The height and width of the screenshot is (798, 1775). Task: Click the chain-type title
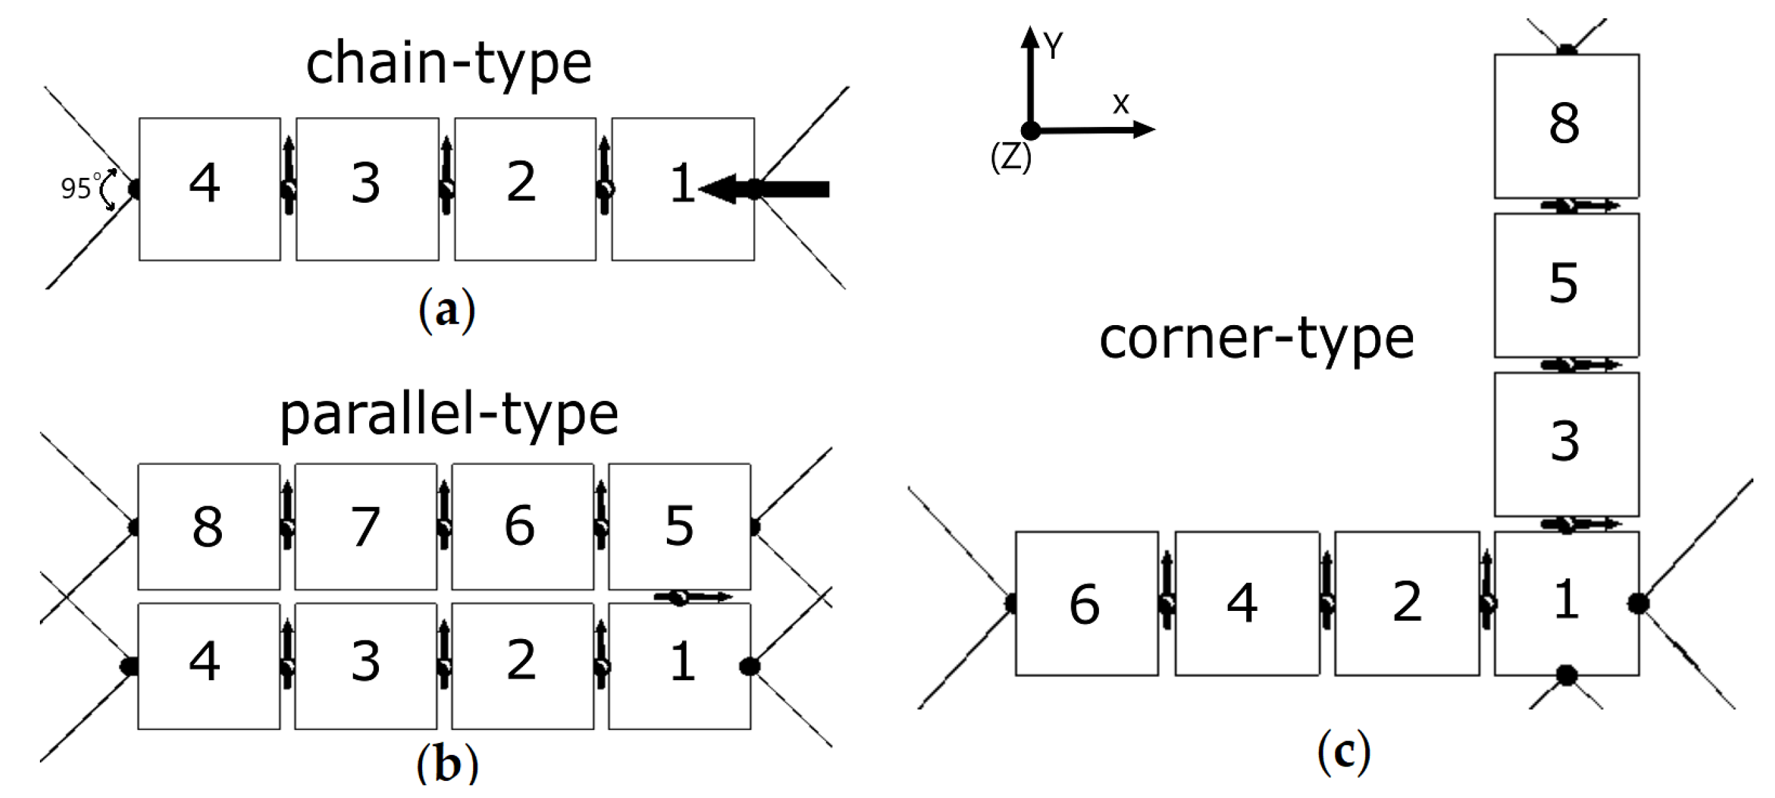pos(448,64)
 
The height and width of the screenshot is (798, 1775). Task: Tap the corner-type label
pos(1256,339)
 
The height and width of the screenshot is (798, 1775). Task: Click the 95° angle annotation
pos(78,188)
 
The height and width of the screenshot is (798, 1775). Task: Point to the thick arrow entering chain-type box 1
pos(765,188)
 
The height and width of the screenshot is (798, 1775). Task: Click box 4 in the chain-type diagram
pos(209,188)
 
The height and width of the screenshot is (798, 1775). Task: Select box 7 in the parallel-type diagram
pos(366,527)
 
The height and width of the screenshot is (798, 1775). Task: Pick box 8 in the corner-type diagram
pos(1566,126)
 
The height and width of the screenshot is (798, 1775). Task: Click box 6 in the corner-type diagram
pos(1086,603)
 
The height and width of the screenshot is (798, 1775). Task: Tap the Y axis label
pos(1052,47)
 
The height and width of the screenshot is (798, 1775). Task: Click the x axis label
pos(1121,104)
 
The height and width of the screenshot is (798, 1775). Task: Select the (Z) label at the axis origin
pos(1010,157)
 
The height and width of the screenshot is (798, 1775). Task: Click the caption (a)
pos(446,311)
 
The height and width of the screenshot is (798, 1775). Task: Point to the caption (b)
pos(446,765)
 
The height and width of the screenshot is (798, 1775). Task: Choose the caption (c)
pos(1344,753)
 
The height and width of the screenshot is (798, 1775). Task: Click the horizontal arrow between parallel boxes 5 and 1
pos(692,597)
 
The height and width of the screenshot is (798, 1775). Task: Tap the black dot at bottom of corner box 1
pos(1566,675)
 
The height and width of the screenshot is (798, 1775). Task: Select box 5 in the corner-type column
pos(1566,285)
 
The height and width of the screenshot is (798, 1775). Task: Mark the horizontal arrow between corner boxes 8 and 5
pos(1579,205)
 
